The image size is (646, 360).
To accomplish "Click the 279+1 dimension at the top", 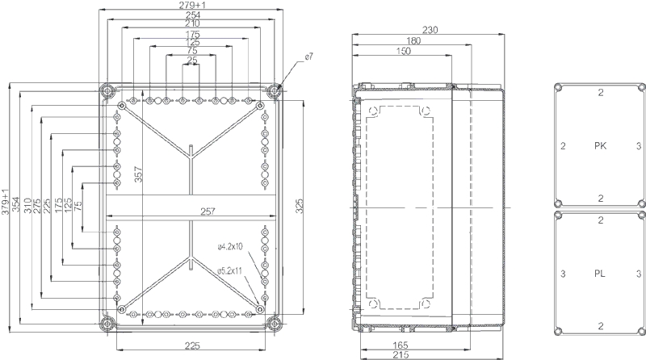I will [191, 6].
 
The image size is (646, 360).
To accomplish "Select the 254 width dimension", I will [191, 15].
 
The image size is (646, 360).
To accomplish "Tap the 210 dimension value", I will [191, 24].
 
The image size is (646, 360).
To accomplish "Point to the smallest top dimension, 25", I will [191, 61].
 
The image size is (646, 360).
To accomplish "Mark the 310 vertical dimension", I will [27, 209].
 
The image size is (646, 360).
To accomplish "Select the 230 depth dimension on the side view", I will [430, 30].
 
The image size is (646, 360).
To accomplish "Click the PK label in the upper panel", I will [600, 146].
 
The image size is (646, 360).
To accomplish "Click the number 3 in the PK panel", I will [638, 146].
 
